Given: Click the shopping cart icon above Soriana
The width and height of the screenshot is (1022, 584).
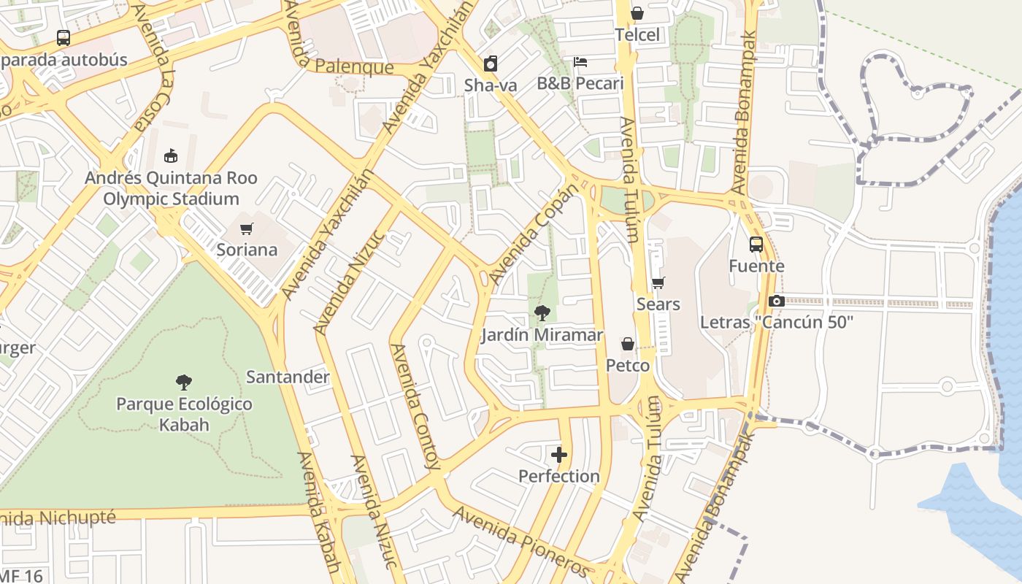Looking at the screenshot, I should click(x=247, y=229).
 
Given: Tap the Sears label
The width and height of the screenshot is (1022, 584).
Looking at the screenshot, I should click(x=658, y=304).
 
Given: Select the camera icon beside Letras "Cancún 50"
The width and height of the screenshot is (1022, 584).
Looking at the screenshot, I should click(x=776, y=301).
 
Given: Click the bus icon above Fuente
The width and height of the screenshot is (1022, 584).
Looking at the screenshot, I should click(x=756, y=245).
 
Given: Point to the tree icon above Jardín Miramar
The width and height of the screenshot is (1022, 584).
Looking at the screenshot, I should click(x=542, y=314).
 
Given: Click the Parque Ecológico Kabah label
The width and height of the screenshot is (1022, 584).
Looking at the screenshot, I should click(x=184, y=414).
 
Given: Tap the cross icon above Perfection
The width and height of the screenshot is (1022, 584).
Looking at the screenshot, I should click(x=559, y=456).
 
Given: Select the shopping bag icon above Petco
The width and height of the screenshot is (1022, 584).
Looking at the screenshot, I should click(x=627, y=345).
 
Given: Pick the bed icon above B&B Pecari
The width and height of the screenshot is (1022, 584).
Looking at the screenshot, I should click(x=580, y=62).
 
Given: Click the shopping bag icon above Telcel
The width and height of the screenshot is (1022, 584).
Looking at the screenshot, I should click(x=637, y=14).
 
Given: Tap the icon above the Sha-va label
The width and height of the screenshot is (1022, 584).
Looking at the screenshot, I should click(x=491, y=64).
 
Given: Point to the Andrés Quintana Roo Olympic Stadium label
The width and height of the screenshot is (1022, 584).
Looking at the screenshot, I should click(x=171, y=188).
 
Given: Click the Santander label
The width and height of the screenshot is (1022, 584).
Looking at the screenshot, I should click(x=288, y=377).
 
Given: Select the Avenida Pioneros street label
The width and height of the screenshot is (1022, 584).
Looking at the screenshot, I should click(x=520, y=539).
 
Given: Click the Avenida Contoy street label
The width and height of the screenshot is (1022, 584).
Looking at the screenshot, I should click(x=416, y=406).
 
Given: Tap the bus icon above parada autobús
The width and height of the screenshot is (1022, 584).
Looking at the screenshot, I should click(x=64, y=38).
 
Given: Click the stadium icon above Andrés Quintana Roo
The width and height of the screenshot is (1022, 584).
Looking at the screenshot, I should click(x=171, y=155).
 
